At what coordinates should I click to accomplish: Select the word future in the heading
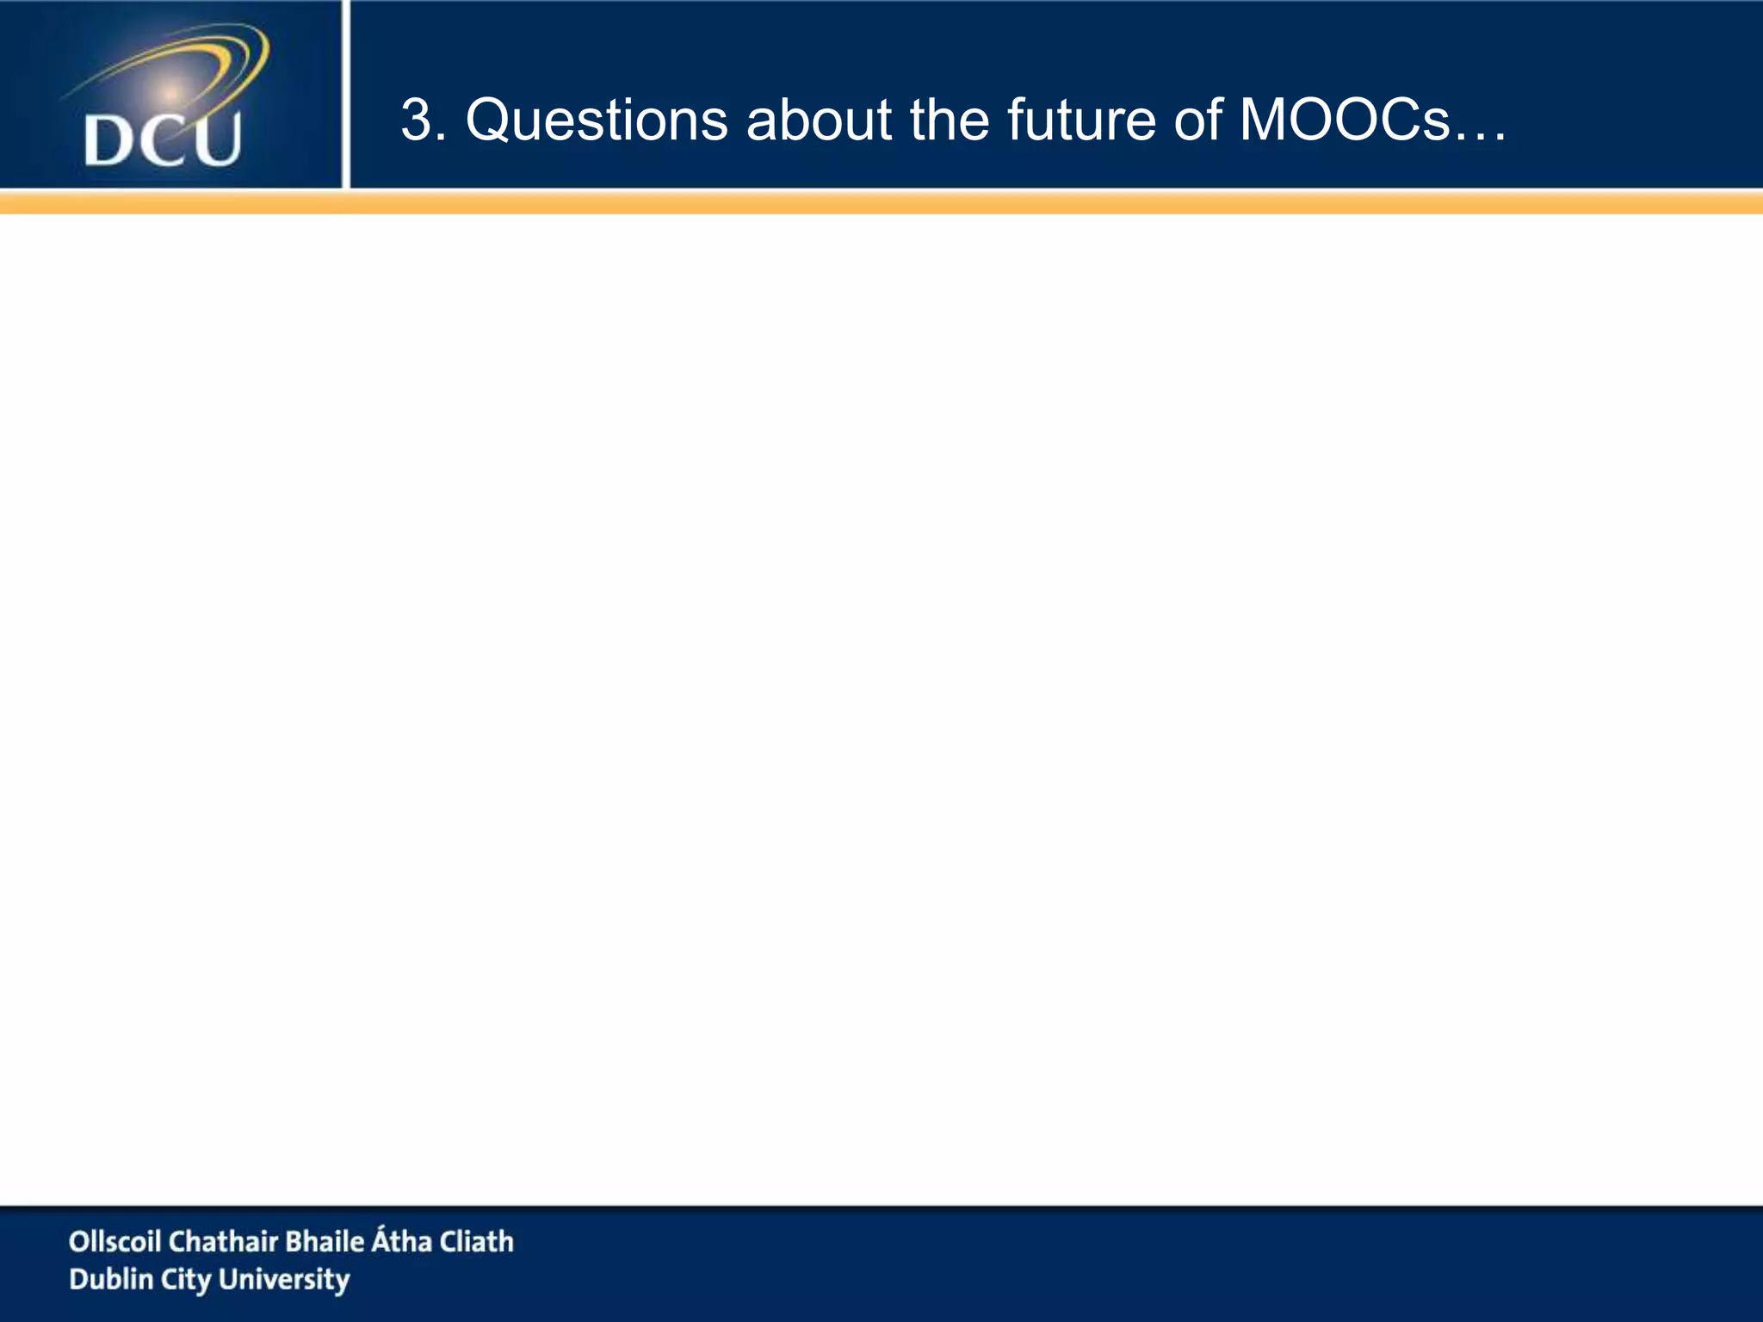tap(1080, 120)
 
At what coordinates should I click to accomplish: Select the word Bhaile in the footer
tap(325, 1241)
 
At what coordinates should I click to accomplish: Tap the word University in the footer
tap(284, 1280)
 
